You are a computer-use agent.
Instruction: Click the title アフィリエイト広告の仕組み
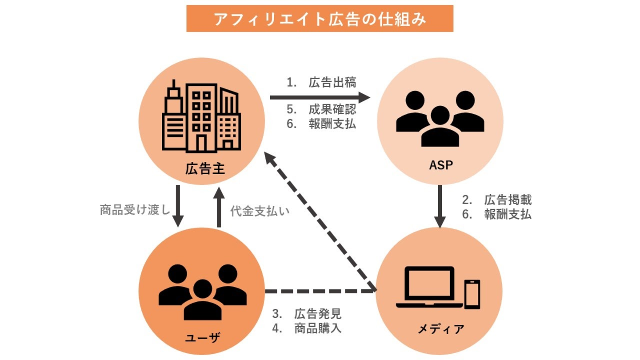[x=320, y=19]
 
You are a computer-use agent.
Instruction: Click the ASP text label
[x=440, y=166]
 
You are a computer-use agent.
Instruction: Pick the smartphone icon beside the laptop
[x=472, y=294]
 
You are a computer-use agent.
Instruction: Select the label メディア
[x=440, y=329]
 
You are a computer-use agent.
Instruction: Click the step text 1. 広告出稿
[x=321, y=83]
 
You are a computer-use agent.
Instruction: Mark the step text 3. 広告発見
[x=307, y=314]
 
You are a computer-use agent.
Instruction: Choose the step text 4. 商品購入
[x=307, y=329]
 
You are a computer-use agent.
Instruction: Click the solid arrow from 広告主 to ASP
[x=320, y=96]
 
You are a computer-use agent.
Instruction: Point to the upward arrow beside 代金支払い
[x=218, y=207]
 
